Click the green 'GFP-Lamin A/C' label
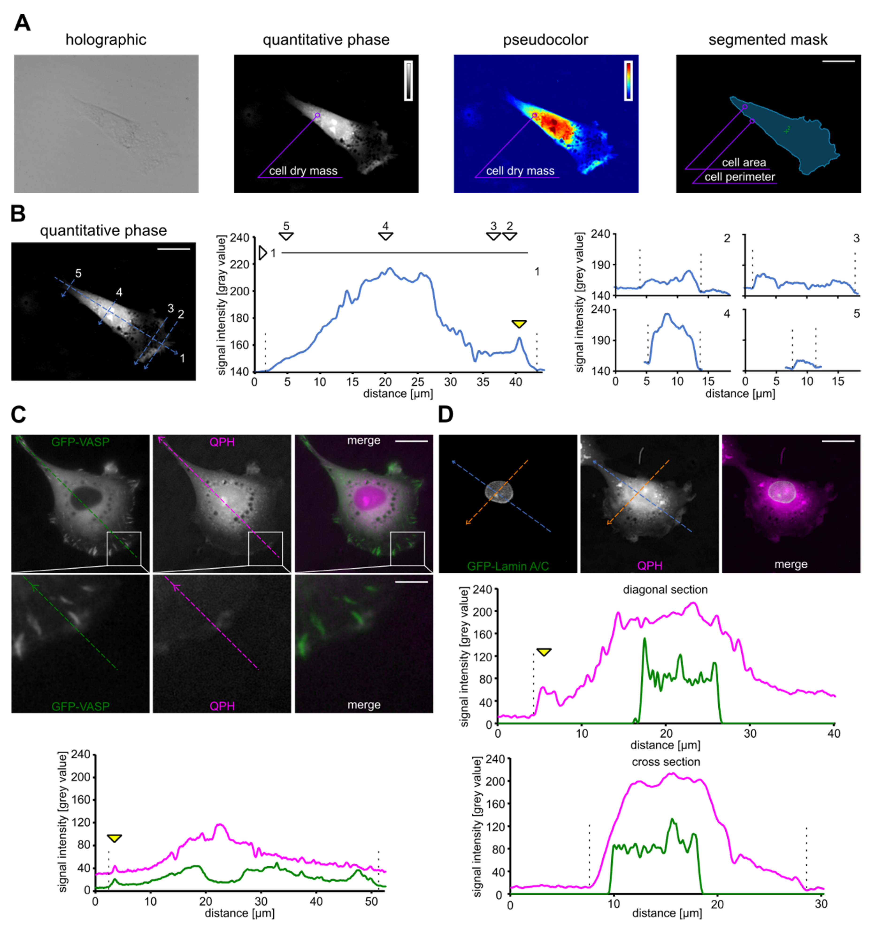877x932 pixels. [x=508, y=566]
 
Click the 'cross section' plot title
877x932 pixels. [x=666, y=762]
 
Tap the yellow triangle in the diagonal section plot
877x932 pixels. [x=544, y=652]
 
